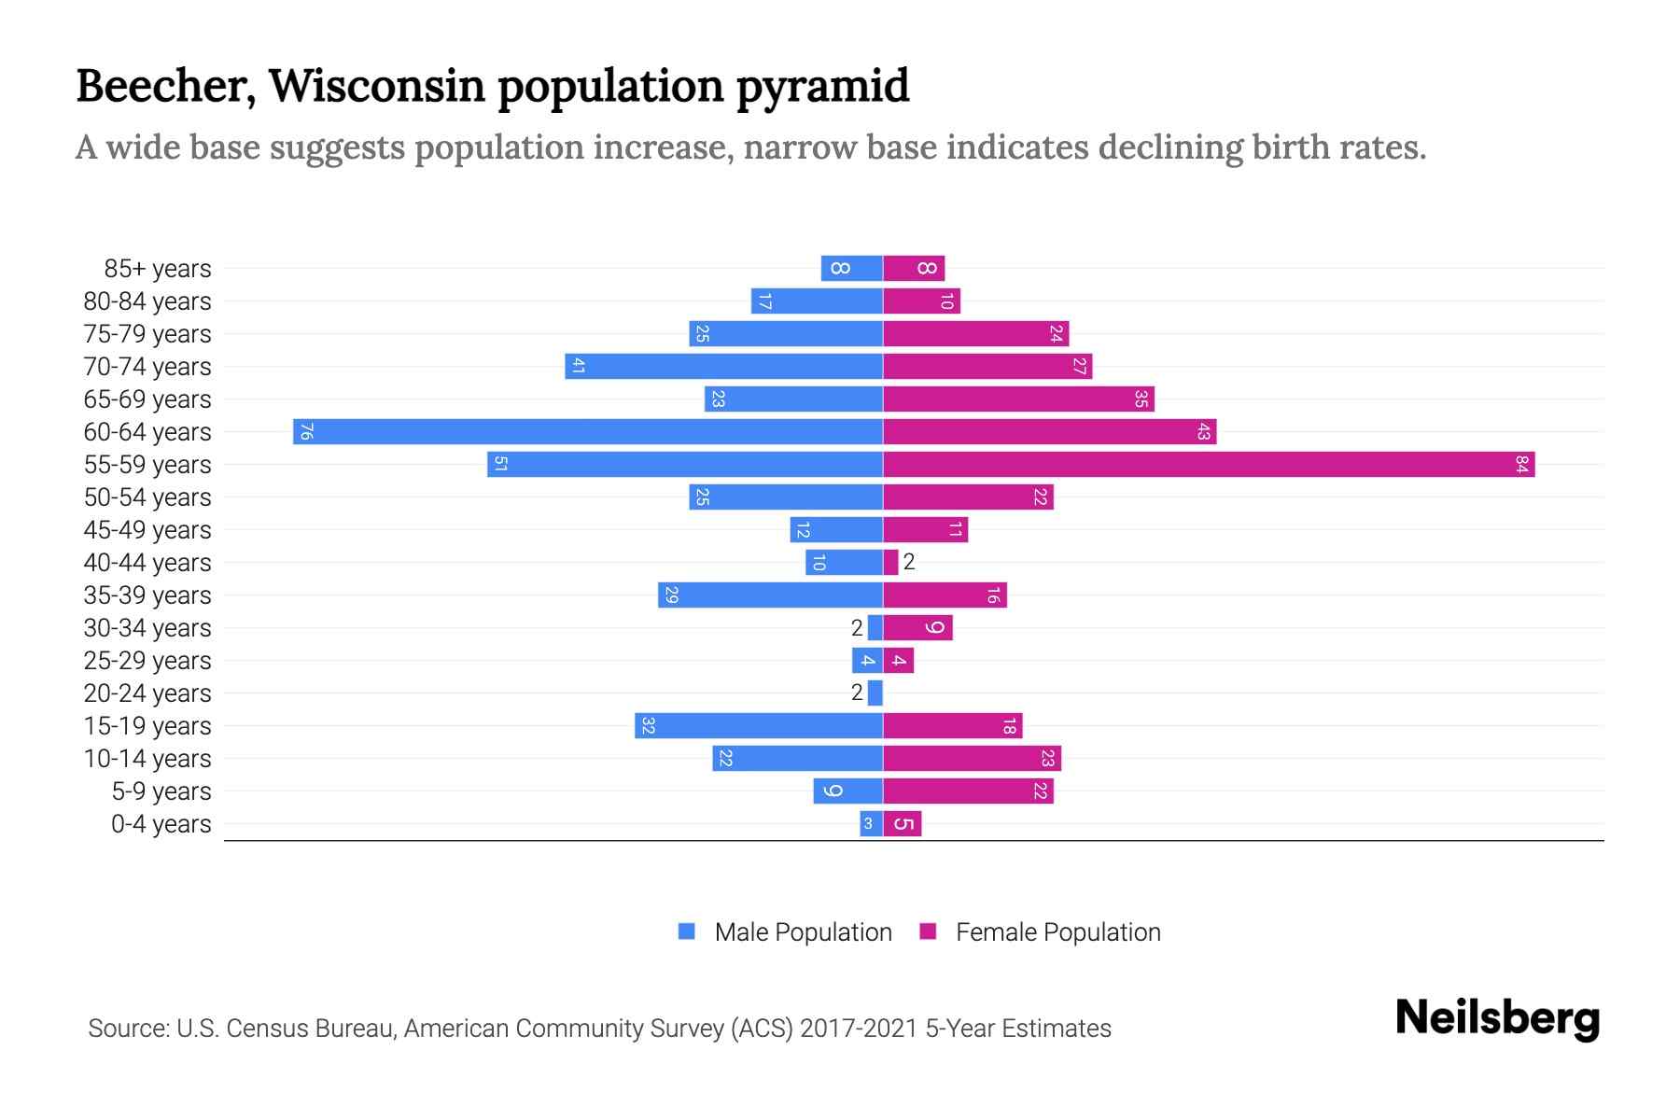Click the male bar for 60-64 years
(588, 431)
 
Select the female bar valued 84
(1209, 464)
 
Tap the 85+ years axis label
(158, 269)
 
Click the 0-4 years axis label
(161, 824)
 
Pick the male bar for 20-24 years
(875, 693)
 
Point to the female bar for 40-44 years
(890, 562)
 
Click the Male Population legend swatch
(687, 931)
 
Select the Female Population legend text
(1057, 931)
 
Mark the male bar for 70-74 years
(723, 366)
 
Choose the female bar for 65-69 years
(1018, 399)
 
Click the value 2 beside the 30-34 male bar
(857, 628)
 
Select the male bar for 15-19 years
(759, 725)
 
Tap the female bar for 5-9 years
(968, 791)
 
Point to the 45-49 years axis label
(147, 530)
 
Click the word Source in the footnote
(128, 1029)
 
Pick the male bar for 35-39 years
(770, 595)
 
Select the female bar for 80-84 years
(921, 301)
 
